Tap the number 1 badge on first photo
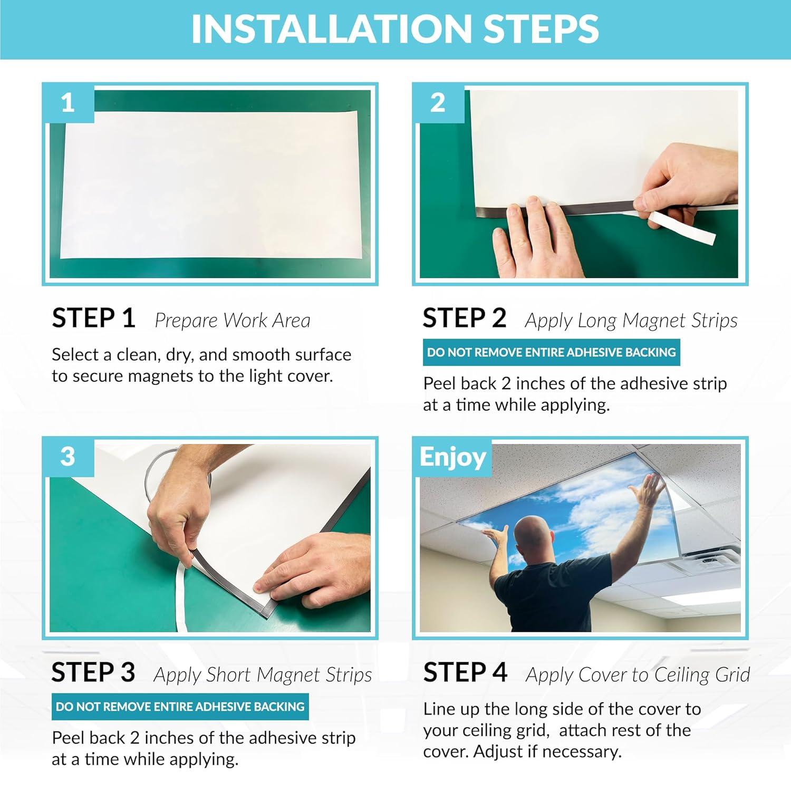[68, 102]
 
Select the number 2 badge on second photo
[438, 102]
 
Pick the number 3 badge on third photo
[68, 457]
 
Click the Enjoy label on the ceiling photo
[452, 458]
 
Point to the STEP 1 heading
[93, 319]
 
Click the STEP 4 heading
[465, 673]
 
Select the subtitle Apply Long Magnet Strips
[631, 321]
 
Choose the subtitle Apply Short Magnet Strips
[263, 675]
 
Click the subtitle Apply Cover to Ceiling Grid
[638, 675]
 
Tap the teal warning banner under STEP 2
[551, 352]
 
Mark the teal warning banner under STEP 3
[180, 707]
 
